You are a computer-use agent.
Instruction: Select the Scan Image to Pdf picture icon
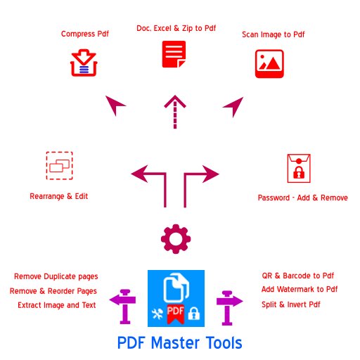[269, 63]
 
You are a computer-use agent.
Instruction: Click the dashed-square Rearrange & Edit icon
[59, 165]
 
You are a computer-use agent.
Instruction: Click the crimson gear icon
[175, 240]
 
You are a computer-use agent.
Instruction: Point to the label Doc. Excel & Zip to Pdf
[176, 28]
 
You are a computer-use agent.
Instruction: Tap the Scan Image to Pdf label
[274, 34]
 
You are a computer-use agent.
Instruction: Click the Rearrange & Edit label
[59, 196]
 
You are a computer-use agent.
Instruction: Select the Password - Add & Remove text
[302, 198]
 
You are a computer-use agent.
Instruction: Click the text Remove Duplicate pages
[56, 276]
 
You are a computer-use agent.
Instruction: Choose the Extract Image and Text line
[57, 305]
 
